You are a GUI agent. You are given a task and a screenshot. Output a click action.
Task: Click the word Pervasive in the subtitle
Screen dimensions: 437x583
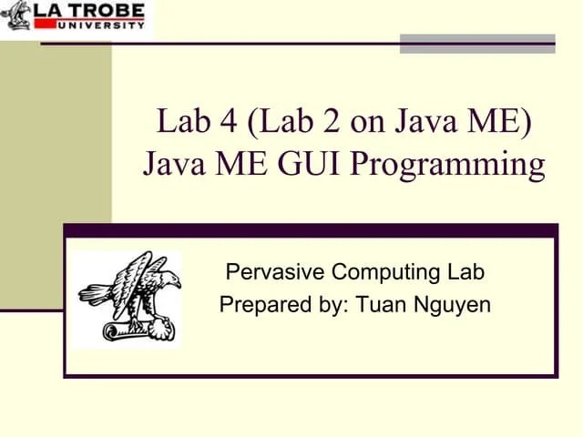coord(275,271)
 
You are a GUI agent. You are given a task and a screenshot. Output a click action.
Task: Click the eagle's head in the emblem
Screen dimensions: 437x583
coord(169,278)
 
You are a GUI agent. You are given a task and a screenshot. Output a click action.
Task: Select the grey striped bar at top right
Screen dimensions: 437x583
coord(477,43)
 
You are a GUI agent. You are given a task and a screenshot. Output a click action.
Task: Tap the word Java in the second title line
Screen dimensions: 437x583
coord(174,165)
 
